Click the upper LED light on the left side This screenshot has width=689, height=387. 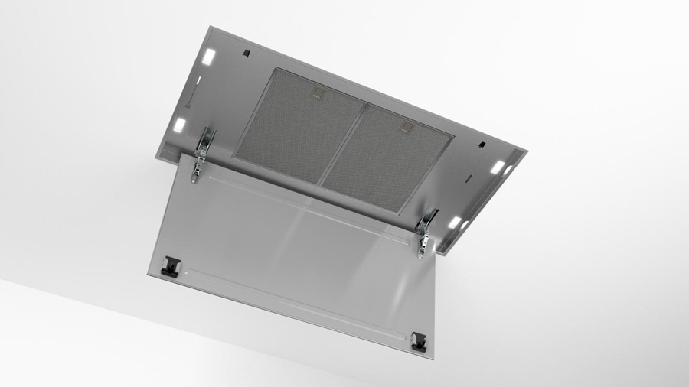[x=208, y=57]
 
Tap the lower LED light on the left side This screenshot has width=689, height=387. [x=179, y=125]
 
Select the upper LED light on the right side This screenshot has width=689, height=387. [x=498, y=166]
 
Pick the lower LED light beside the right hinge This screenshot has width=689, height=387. [x=455, y=223]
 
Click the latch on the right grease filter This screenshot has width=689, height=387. [x=407, y=127]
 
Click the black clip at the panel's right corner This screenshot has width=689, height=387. [x=418, y=340]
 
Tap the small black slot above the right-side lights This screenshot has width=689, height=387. [x=480, y=145]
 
